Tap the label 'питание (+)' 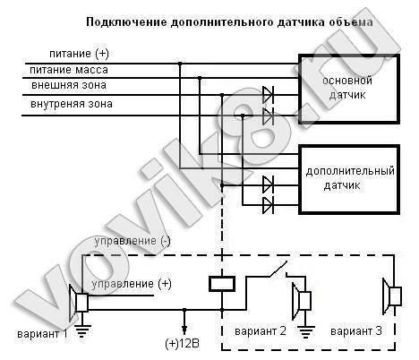79,54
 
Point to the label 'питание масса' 69,70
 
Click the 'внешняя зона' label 69,85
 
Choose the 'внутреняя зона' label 72,104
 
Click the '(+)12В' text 182,344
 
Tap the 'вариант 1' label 42,333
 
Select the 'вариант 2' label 261,331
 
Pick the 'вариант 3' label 356,331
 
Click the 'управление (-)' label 133,241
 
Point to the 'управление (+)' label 132,284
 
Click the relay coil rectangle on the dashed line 222,284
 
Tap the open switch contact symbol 278,270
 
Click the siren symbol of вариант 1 78,303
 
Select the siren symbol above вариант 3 392,296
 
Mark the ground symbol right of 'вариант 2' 305,332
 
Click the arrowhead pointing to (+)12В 184,330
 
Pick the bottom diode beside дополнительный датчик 268,205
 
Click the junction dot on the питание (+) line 180,64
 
